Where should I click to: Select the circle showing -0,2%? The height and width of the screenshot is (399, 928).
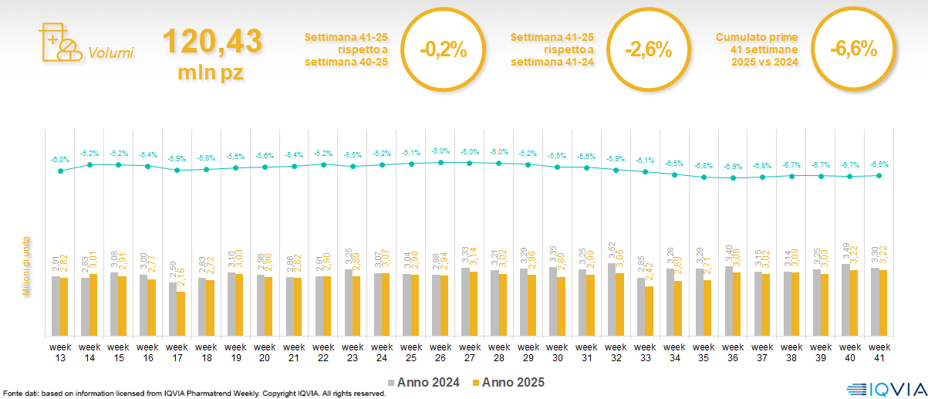click(x=444, y=49)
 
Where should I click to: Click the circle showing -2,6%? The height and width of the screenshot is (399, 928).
click(x=649, y=49)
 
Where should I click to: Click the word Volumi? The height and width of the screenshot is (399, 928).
click(x=111, y=53)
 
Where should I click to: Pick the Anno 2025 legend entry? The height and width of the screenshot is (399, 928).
click(x=508, y=382)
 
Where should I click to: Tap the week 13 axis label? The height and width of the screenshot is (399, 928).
click(x=60, y=351)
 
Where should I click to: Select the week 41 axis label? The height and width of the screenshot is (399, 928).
click(x=879, y=351)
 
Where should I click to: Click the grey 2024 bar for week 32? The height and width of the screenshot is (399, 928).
click(x=612, y=299)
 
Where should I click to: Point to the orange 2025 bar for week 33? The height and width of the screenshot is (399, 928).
click(x=650, y=311)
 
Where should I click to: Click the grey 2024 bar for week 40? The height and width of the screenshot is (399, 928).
click(x=845, y=300)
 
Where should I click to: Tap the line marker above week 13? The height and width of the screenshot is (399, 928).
click(x=60, y=171)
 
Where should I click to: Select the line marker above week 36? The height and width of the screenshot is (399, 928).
click(x=734, y=178)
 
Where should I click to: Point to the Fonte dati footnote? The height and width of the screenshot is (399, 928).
click(x=193, y=394)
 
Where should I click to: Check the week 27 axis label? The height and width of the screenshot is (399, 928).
click(x=470, y=351)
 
